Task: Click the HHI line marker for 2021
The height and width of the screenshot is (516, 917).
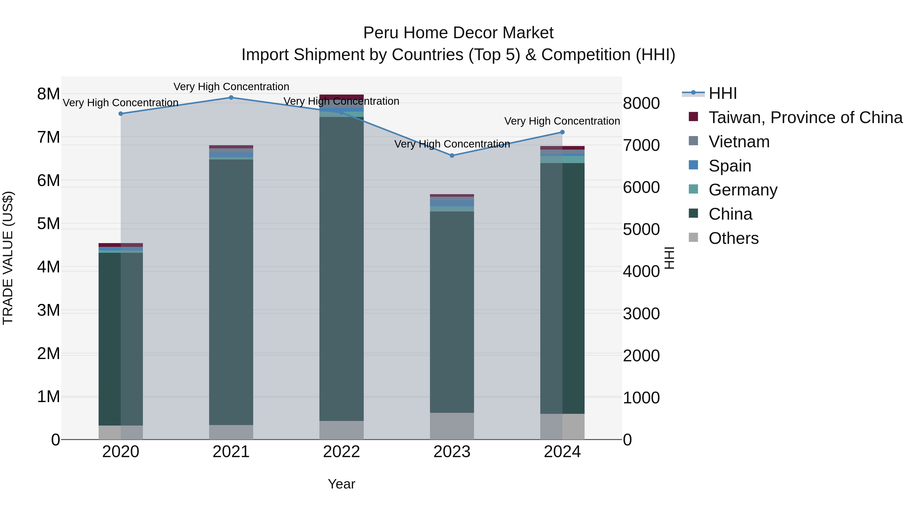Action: (231, 98)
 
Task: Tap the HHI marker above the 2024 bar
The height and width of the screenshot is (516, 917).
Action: (562, 132)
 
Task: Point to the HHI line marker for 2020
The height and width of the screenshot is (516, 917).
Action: (121, 114)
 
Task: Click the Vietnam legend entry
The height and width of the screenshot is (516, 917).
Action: (739, 142)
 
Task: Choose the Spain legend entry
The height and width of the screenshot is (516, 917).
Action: (730, 166)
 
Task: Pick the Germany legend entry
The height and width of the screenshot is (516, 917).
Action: (743, 190)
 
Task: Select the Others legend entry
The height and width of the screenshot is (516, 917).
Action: (733, 238)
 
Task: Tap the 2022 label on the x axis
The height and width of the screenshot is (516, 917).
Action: (341, 452)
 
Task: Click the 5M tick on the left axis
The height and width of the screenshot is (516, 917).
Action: (48, 224)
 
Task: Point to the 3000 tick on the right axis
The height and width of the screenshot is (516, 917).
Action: (641, 314)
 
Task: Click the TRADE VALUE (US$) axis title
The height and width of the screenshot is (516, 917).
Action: (8, 258)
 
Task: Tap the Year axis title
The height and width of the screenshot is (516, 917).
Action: (341, 484)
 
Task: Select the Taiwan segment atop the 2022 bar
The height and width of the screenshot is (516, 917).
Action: (341, 97)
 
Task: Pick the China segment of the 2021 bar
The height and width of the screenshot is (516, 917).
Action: (231, 292)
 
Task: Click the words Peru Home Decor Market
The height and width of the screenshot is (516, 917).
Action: (458, 33)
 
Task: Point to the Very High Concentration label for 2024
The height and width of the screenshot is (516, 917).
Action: (562, 121)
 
